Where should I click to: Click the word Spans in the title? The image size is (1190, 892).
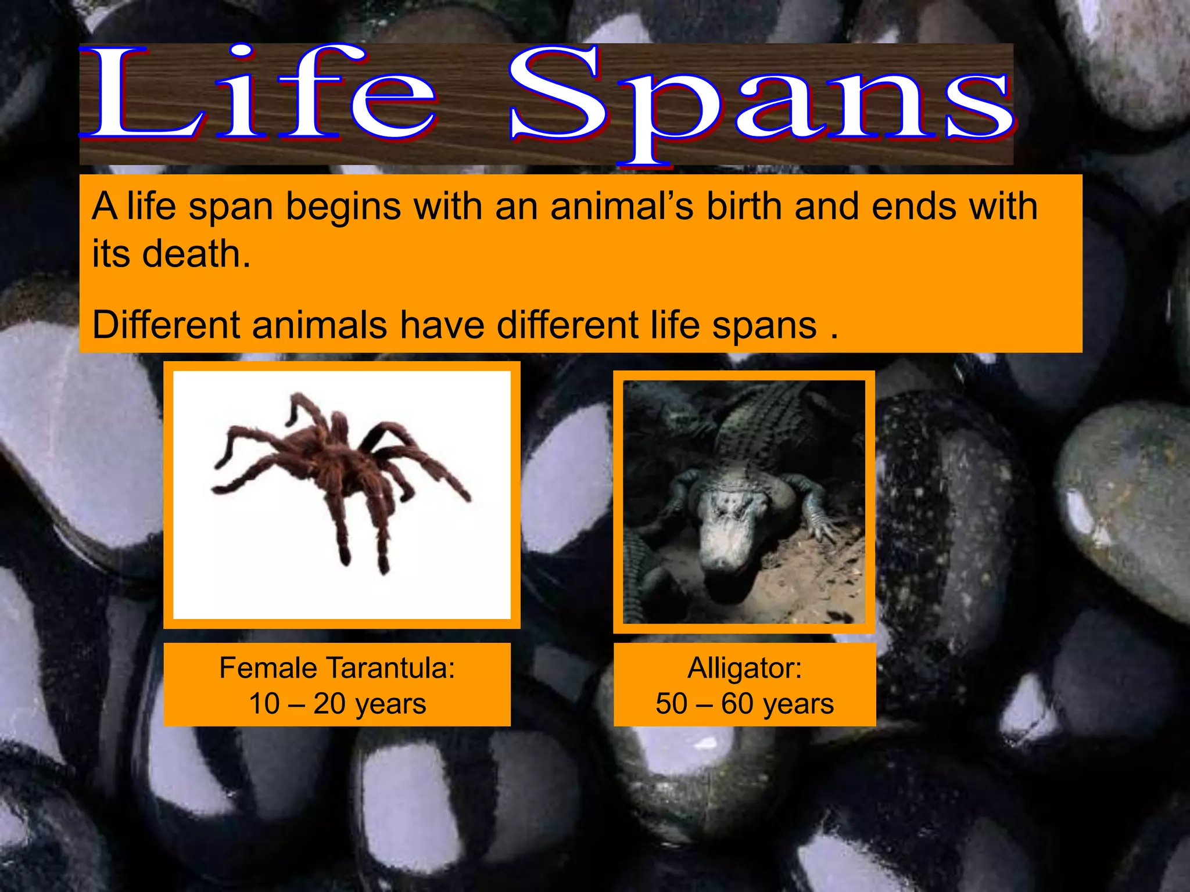[761, 99]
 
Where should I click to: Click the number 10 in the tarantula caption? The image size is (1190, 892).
[264, 704]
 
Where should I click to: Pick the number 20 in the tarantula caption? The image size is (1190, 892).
[329, 704]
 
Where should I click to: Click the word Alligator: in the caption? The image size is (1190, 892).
[744, 668]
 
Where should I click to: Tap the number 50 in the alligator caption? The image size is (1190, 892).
[672, 704]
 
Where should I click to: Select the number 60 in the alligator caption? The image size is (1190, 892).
[737, 704]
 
